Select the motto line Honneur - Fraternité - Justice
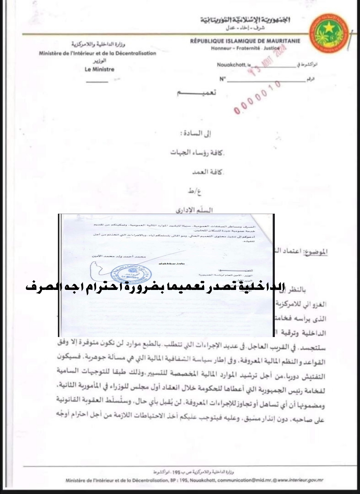[x=245, y=48]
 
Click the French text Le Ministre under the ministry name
[x=100, y=69]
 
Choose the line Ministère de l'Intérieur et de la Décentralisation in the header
[x=97, y=53]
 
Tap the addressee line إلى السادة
[x=210, y=135]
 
